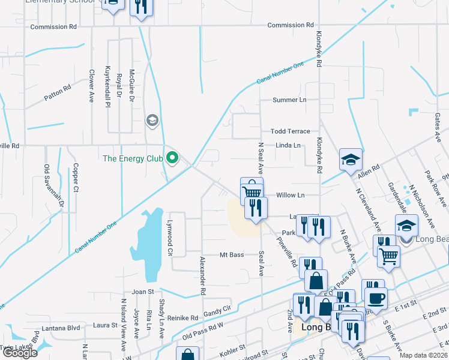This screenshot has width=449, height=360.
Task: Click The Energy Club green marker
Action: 172,158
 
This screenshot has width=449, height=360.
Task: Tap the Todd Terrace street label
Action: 290,131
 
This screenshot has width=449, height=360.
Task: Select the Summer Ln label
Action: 289,100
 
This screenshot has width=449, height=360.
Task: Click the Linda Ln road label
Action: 288,145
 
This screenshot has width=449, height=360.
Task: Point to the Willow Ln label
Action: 291,195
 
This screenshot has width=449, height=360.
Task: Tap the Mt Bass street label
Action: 231,255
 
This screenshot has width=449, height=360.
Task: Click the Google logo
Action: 19,353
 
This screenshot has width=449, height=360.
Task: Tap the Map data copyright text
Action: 424,355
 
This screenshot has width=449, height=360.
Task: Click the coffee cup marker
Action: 376,298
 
